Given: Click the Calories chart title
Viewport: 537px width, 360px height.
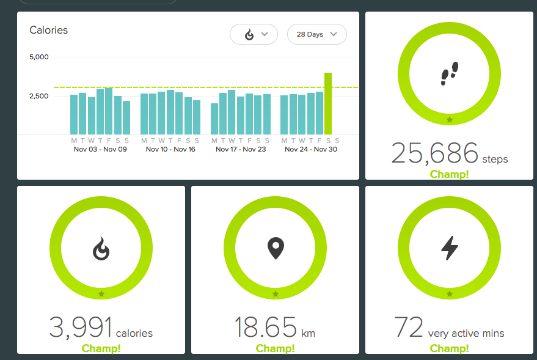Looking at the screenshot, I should click(49, 30).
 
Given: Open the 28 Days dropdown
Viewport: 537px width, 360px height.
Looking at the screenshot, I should click(316, 34).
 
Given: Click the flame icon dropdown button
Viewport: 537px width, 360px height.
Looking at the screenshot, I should click(254, 34).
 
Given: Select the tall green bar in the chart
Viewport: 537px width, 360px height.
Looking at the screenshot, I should click(328, 103).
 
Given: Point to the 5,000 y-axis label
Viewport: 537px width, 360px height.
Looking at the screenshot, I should click(39, 57).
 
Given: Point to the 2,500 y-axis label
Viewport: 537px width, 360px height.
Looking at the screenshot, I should click(39, 96).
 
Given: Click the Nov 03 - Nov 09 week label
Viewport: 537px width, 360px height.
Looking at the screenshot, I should click(100, 149).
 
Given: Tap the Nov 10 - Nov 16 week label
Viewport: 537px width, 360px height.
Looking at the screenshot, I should click(170, 149).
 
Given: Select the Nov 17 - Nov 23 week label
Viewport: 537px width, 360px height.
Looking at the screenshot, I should click(241, 149).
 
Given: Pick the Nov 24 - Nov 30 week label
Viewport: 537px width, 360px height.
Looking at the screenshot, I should click(311, 149).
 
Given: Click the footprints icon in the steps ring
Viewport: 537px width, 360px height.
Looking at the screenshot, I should click(450, 73).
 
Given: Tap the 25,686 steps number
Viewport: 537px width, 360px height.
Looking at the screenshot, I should click(434, 153).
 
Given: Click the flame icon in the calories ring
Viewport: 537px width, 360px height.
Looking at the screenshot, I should click(101, 248).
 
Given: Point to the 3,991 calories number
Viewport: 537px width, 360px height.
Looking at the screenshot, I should click(80, 328).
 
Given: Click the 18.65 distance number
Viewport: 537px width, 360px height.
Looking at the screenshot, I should click(266, 328).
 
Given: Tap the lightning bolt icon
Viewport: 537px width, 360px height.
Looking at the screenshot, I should click(450, 248).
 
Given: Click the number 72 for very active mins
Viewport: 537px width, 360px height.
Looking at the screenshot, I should click(409, 328).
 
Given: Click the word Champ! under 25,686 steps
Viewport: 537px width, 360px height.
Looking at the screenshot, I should click(450, 174).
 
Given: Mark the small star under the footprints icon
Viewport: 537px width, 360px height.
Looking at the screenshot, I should click(450, 120).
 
